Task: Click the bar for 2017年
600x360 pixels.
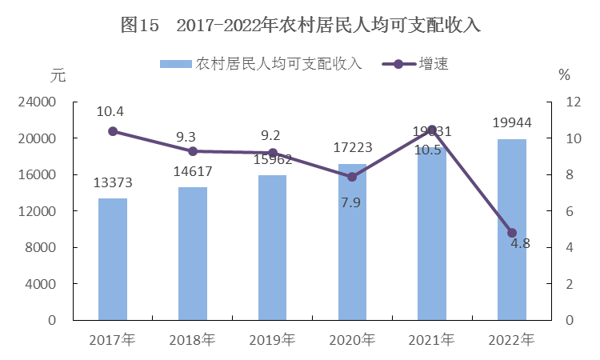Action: pyautogui.click(x=113, y=259)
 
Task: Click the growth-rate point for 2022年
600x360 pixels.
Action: pyautogui.click(x=512, y=233)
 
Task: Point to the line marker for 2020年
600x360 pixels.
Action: pyautogui.click(x=352, y=177)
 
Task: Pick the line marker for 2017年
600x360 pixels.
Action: pyautogui.click(x=113, y=131)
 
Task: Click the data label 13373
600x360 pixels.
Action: pyautogui.click(x=113, y=183)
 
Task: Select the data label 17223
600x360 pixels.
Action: pyautogui.click(x=352, y=148)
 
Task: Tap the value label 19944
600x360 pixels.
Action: pyautogui.click(x=512, y=123)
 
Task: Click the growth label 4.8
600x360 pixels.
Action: pyautogui.click(x=521, y=242)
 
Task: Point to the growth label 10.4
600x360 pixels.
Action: pyautogui.click(x=110, y=111)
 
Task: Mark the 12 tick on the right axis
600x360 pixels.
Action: pyautogui.click(x=572, y=102)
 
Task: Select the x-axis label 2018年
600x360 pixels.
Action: pyautogui.click(x=192, y=339)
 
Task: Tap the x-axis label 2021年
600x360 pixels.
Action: pyautogui.click(x=432, y=339)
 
